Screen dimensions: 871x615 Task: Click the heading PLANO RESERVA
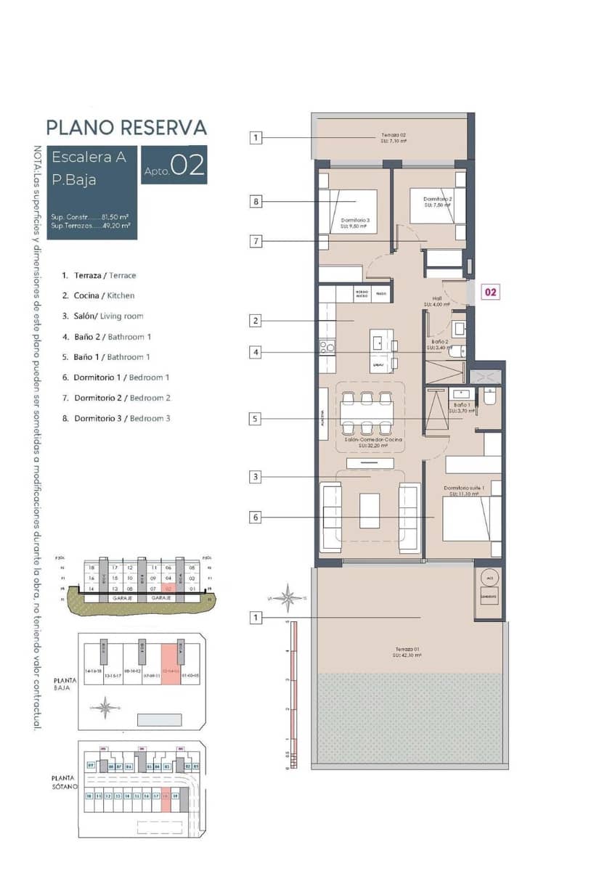(126, 128)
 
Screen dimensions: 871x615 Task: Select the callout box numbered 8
(256, 202)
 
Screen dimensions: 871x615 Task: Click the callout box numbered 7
(256, 242)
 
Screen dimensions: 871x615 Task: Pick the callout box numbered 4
(256, 353)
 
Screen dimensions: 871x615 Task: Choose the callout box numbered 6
(256, 518)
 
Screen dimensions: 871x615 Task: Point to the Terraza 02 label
(393, 138)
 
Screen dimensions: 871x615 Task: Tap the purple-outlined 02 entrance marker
(491, 292)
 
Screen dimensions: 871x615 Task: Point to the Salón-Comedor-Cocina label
(373, 443)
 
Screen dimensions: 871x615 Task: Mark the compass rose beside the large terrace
(289, 597)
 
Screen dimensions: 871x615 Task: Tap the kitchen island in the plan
(381, 351)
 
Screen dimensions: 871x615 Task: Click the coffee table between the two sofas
(370, 510)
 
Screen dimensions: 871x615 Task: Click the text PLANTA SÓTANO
(65, 782)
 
